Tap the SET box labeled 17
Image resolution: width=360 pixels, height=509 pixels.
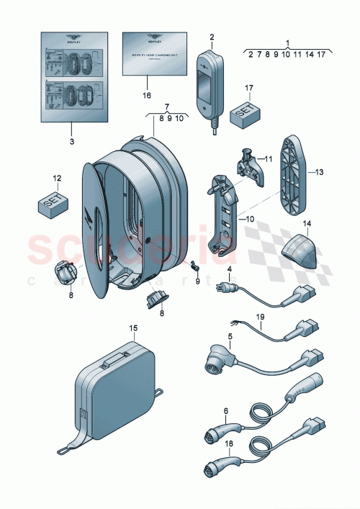pyautogui.click(x=244, y=112)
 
